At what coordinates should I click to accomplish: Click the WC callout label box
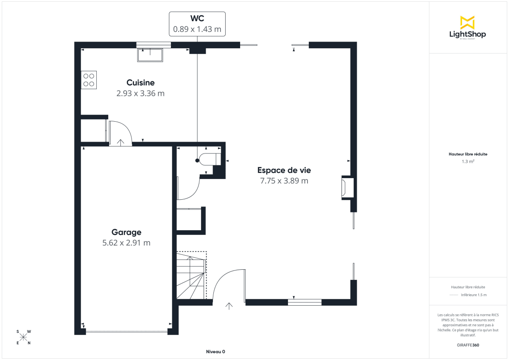(197, 24)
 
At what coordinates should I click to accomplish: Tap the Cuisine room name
(140, 83)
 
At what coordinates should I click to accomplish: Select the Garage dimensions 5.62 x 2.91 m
(126, 243)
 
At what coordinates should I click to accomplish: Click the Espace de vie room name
(284, 170)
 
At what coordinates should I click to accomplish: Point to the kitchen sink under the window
(150, 55)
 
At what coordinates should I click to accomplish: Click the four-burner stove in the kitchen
(89, 80)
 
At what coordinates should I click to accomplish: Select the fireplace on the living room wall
(347, 187)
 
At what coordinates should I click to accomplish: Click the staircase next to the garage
(191, 276)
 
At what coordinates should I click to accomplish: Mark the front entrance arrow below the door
(229, 306)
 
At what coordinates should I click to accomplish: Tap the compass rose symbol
(23, 337)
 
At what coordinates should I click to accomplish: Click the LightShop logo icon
(467, 23)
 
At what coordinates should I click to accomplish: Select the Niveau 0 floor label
(215, 352)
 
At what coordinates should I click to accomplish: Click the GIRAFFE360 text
(469, 345)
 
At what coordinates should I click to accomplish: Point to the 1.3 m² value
(468, 162)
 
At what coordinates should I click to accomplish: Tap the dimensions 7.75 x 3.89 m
(284, 181)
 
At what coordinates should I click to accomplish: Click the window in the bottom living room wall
(305, 302)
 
